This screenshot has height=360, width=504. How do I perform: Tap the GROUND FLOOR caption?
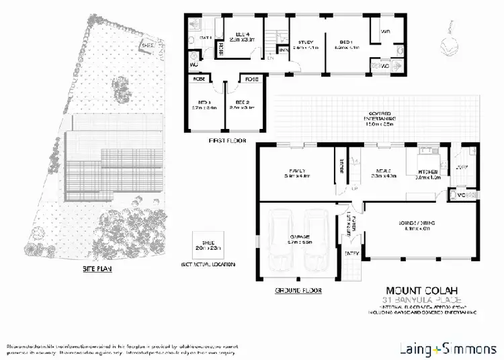298,291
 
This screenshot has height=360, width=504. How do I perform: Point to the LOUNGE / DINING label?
405,227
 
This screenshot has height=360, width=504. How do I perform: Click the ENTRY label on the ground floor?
351,253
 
